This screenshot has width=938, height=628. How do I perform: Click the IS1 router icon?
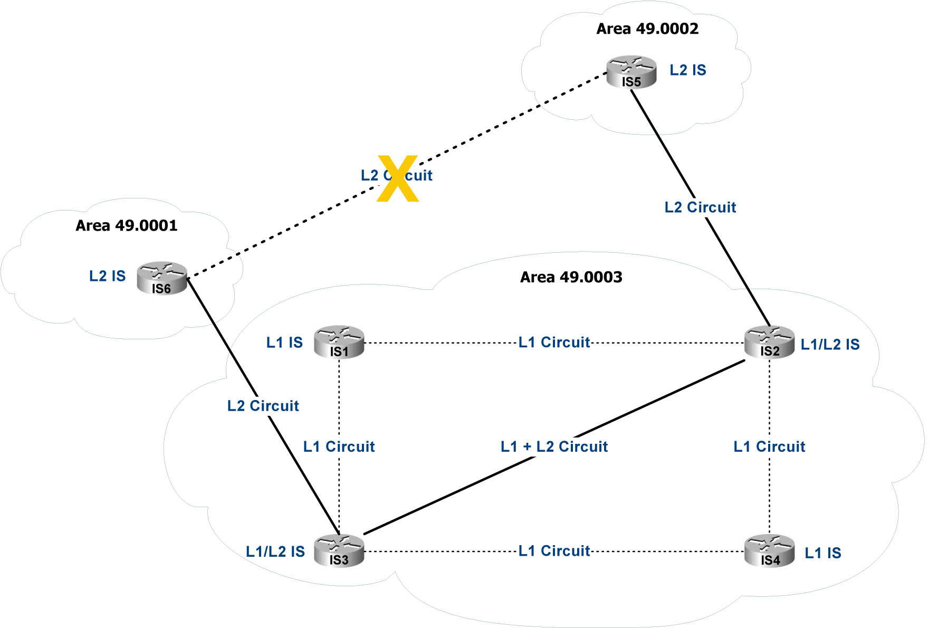339,342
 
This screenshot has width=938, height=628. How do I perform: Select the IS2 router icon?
769,342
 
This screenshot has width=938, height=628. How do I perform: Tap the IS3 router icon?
339,550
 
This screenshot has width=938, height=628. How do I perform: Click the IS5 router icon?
631,72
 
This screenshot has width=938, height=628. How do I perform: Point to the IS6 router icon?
162,278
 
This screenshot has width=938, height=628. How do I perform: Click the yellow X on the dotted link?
398,178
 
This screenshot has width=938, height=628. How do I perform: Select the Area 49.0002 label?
647,28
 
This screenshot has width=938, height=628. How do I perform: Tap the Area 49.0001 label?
126,225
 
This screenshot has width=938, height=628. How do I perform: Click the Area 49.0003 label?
571,277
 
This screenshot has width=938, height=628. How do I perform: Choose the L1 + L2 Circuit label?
554,446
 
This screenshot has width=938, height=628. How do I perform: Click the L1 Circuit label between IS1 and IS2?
554,342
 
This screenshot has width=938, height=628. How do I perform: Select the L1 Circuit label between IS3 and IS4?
554,550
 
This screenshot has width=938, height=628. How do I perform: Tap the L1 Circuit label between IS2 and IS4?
769,446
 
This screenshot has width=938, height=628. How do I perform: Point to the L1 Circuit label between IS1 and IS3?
339,446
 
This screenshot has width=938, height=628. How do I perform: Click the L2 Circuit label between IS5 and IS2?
700,207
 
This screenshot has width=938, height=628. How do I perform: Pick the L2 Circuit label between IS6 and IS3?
263,406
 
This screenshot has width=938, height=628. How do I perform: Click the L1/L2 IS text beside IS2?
830,345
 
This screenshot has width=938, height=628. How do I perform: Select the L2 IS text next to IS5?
688,70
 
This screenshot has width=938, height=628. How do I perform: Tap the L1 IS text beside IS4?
822,553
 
